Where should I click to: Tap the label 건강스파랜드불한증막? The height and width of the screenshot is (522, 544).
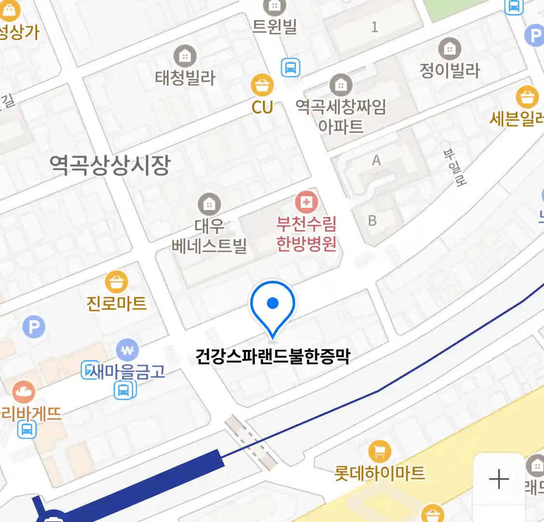click(x=272, y=356)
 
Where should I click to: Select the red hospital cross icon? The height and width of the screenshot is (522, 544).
click(x=306, y=202)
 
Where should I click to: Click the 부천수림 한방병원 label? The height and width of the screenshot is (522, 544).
click(x=306, y=233)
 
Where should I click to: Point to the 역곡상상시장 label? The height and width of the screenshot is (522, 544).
click(x=110, y=165)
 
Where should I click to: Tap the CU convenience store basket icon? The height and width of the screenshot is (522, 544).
click(x=262, y=86)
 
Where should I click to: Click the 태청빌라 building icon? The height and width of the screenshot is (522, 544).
click(x=185, y=57)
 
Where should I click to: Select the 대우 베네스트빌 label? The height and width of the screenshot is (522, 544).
click(x=209, y=236)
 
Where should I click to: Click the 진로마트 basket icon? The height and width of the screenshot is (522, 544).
click(x=116, y=282)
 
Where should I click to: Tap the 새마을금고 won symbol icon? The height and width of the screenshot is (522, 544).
click(x=127, y=350)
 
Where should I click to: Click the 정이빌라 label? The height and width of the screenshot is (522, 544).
click(x=450, y=71)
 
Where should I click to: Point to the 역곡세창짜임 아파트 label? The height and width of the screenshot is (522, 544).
click(x=341, y=116)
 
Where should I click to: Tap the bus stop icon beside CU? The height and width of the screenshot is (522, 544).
click(x=290, y=68)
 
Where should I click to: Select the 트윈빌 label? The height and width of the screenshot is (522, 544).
click(x=274, y=26)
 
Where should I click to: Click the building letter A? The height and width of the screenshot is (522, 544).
click(x=376, y=160)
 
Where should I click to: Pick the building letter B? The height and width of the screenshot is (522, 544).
click(x=372, y=221)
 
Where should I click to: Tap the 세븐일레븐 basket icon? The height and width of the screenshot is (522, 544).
click(x=527, y=97)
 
